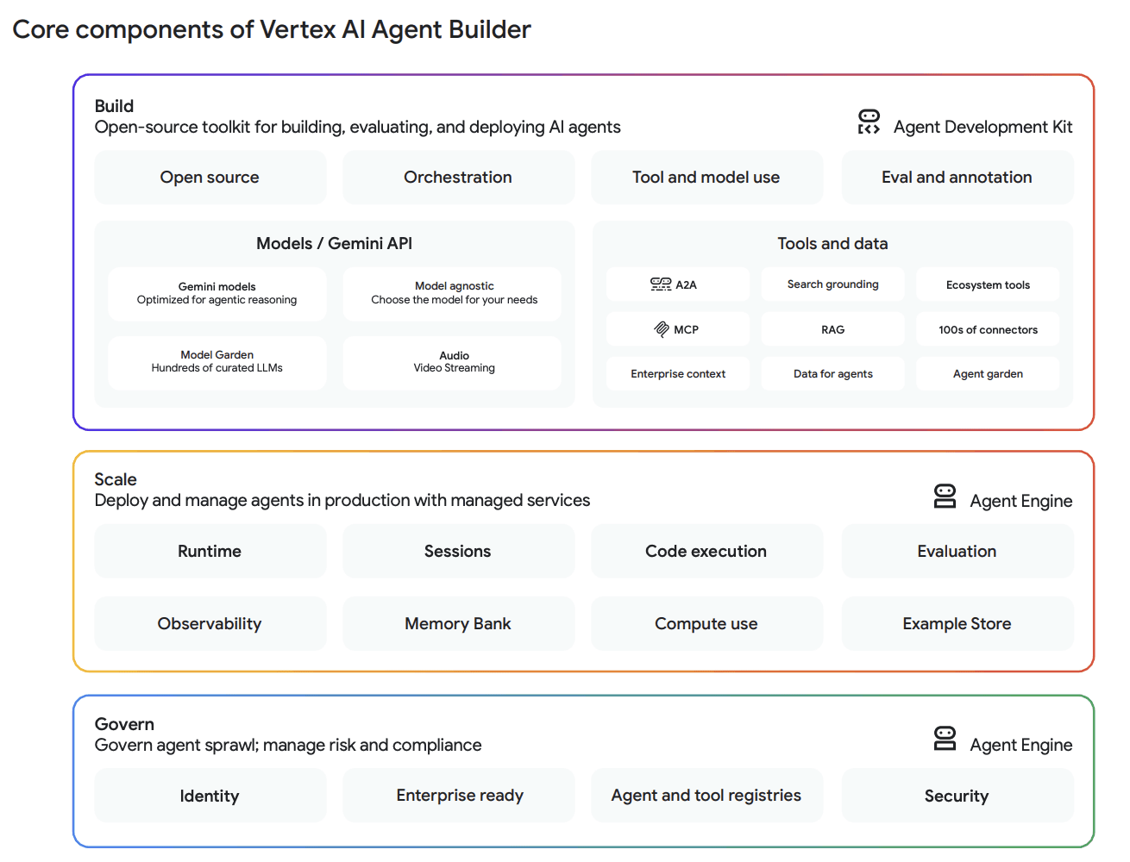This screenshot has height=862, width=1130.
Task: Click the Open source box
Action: [x=210, y=178]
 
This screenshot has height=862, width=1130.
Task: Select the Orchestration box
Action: [x=458, y=178]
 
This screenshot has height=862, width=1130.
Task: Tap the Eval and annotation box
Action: [x=957, y=178]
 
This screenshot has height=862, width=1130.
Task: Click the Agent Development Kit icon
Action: [x=869, y=122]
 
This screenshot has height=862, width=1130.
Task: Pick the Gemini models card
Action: [x=217, y=293]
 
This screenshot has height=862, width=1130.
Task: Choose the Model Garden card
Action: [x=217, y=362]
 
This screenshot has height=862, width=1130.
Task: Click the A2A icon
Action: [x=661, y=284]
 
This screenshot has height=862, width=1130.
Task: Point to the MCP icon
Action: [x=662, y=329]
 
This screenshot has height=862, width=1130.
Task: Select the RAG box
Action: [x=832, y=329]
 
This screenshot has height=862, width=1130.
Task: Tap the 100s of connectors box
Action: [x=988, y=329]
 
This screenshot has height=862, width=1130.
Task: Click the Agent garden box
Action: [x=988, y=374]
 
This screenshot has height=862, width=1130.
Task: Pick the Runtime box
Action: [x=210, y=552]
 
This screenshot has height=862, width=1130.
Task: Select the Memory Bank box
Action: [x=458, y=624]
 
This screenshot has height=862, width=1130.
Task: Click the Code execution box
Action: [x=706, y=552]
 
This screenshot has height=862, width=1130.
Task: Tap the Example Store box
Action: [x=957, y=624]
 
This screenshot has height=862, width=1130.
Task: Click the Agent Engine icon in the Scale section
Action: [x=945, y=497]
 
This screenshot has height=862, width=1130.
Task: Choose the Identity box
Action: [x=210, y=796]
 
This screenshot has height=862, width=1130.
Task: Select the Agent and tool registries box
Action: [x=706, y=796]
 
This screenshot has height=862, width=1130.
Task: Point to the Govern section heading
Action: [x=125, y=724]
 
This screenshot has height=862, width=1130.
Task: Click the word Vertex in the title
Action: [x=298, y=30]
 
